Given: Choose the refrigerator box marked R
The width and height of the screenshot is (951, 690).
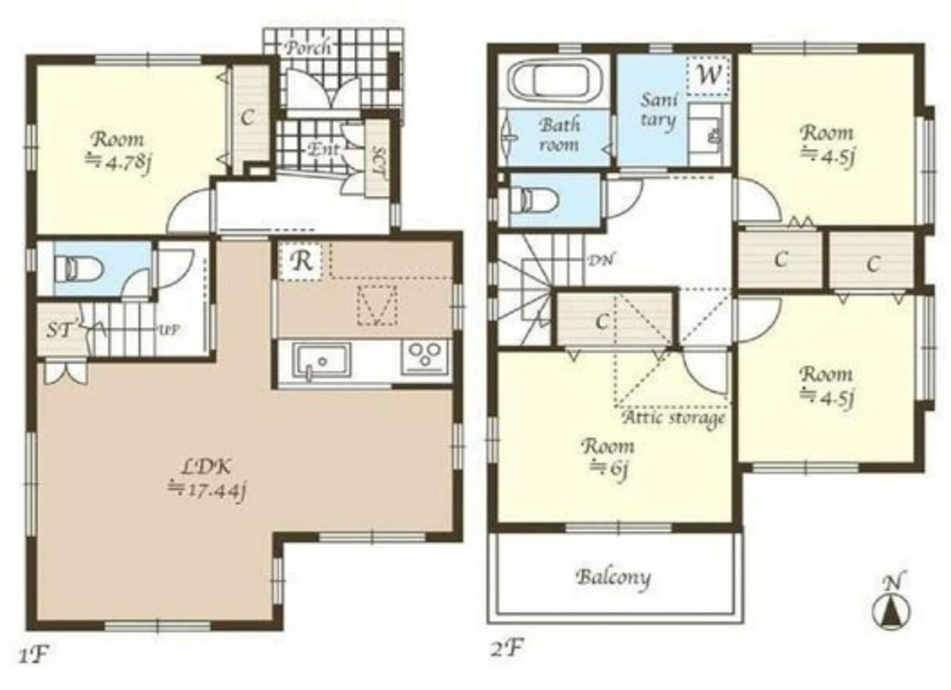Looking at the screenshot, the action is [302, 261].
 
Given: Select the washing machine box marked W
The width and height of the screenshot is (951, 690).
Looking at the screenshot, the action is [708, 75].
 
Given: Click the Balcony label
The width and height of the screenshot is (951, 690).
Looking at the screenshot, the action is [613, 578].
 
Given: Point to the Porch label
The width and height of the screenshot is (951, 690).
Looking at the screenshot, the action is [308, 48].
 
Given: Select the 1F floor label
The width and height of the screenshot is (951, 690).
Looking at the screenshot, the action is [34, 655].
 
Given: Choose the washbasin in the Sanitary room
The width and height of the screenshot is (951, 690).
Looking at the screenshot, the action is [706, 135].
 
